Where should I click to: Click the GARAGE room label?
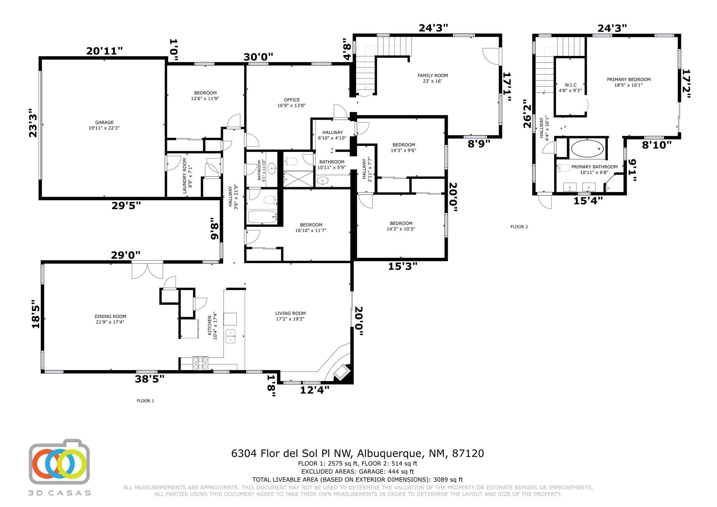click(x=104, y=122)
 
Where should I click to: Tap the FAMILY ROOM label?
click(x=433, y=76)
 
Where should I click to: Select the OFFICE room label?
click(x=292, y=100)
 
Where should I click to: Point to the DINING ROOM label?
click(x=110, y=316)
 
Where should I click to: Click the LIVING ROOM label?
click(x=290, y=314)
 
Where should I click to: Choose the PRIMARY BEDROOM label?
click(x=629, y=79)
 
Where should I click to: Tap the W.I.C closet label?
click(x=570, y=85)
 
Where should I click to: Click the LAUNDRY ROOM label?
click(x=185, y=176)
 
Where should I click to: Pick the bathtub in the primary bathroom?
click(x=588, y=148)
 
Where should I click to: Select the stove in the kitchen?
click(x=201, y=363)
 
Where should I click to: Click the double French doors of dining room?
click(x=147, y=270)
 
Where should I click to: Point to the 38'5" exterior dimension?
click(x=149, y=379)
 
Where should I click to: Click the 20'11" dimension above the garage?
click(x=105, y=51)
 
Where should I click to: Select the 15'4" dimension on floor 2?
click(x=588, y=201)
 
